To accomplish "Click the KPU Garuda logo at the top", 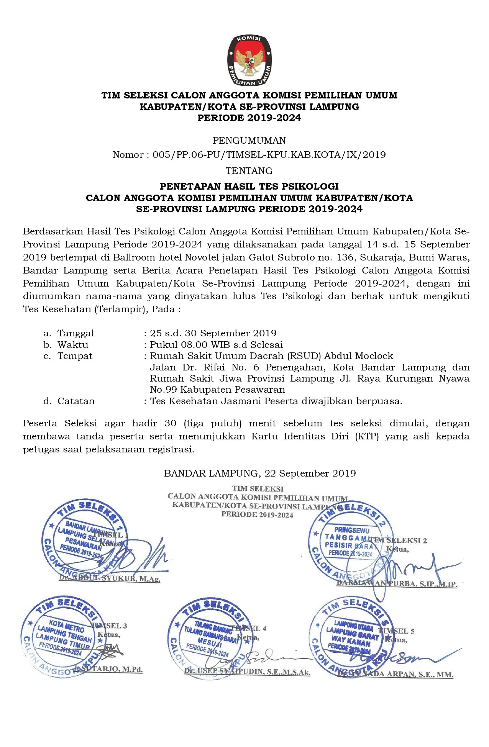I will pos(249,60).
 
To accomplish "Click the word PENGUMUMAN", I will pos(249,140).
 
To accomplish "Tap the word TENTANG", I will pos(249,170).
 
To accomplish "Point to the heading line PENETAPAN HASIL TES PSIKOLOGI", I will pos(249,187).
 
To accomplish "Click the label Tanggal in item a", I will pos(75,333).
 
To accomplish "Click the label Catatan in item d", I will pos(76,401).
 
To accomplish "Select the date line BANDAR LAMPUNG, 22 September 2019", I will pos(260,473).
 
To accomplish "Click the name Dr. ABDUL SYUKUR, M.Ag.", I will pos(109,578).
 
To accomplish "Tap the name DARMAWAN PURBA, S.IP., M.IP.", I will pos(397,584).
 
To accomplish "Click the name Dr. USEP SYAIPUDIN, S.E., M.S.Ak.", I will pos(247,672).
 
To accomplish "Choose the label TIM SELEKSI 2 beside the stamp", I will pos(399,541).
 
